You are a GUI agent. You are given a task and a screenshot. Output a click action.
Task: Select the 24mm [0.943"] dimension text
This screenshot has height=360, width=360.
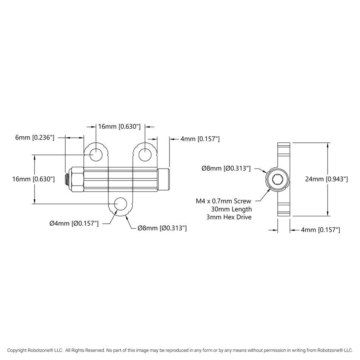pos(326,179)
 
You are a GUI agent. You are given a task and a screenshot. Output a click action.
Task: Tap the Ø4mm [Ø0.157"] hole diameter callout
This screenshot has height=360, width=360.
pos(73,224)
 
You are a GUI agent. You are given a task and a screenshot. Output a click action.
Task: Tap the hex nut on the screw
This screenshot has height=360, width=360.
pos(77,179)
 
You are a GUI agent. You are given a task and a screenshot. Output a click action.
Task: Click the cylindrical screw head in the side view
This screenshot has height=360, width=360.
pos(165,179)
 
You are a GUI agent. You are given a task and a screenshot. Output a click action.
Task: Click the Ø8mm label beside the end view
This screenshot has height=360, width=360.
pos(226,168)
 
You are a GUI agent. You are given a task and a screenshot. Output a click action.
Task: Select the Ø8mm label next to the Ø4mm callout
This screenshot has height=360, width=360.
pos(162,228)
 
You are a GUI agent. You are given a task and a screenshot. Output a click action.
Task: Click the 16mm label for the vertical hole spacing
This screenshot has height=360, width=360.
pos(34,179)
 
